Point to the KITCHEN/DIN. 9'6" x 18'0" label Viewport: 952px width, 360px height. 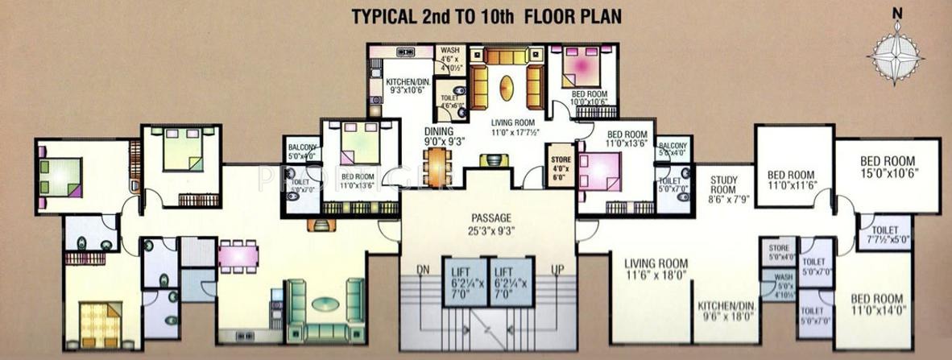(x=725, y=311)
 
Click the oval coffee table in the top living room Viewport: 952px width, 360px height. (x=507, y=88)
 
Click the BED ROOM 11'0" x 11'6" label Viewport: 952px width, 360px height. (x=790, y=180)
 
